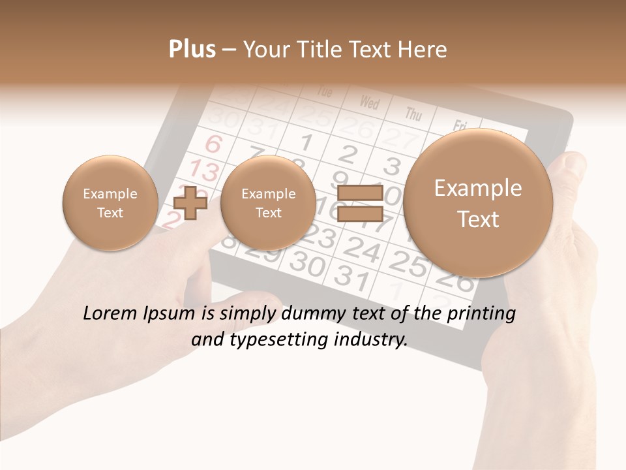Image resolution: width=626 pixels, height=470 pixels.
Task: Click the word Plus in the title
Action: (x=192, y=50)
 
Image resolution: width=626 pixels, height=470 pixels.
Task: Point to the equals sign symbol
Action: (x=359, y=202)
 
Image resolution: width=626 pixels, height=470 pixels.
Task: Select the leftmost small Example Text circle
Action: (x=110, y=202)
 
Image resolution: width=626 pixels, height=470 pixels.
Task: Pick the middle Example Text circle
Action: (x=268, y=202)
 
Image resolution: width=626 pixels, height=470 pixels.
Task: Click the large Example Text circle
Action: (x=478, y=202)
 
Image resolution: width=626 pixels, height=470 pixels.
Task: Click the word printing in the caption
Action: (x=481, y=314)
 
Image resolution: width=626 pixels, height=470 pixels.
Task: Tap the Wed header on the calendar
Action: (x=369, y=102)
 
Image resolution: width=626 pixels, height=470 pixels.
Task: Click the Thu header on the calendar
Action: (x=413, y=114)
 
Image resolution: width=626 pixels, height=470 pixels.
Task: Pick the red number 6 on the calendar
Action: (x=213, y=144)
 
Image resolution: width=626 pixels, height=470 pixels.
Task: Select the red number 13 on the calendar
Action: (x=204, y=172)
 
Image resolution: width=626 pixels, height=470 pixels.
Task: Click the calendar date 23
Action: (x=318, y=236)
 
